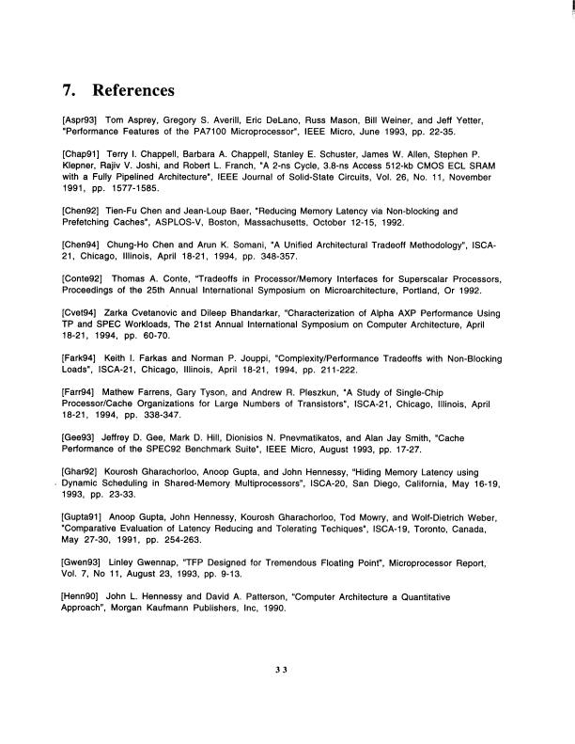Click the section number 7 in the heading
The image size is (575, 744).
tap(68, 91)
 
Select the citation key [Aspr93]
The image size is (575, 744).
tap(79, 122)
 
